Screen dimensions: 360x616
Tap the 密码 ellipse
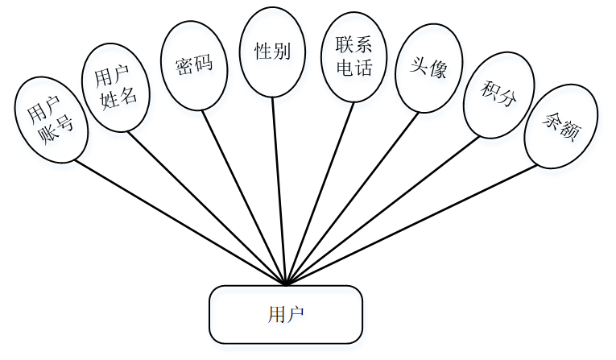(194, 65)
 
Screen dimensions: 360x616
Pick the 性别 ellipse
(272, 53)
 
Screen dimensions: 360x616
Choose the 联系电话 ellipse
(353, 58)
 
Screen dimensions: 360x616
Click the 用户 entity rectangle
(286, 314)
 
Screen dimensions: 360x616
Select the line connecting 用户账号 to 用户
(181, 221)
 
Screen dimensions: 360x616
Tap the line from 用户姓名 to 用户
(208, 208)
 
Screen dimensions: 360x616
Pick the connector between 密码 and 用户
(244, 197)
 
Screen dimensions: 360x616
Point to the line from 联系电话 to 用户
(320, 193)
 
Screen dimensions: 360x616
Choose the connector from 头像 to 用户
(352, 198)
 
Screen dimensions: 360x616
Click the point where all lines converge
(287, 284)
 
